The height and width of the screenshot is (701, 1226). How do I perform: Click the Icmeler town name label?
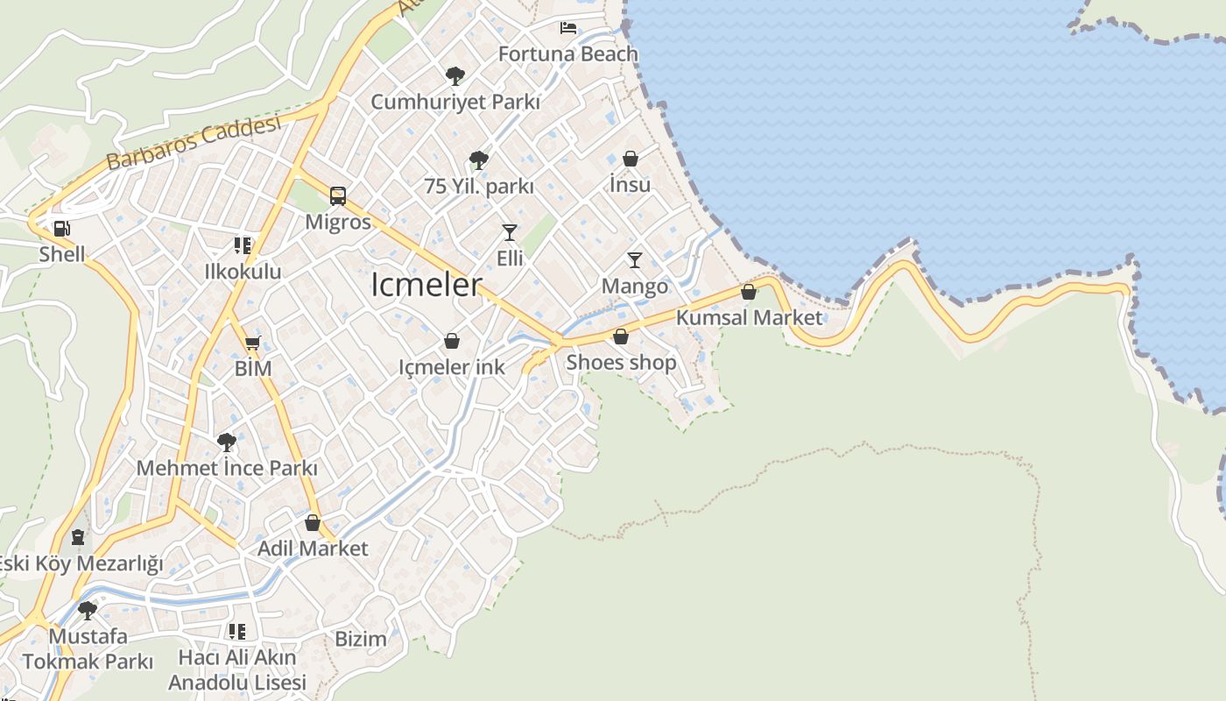(x=426, y=285)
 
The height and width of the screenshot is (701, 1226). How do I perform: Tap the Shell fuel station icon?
(x=61, y=230)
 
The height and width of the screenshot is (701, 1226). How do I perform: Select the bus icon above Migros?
(x=338, y=196)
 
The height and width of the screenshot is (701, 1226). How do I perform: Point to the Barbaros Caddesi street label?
(x=194, y=142)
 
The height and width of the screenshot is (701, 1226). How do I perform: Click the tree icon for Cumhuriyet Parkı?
(x=454, y=76)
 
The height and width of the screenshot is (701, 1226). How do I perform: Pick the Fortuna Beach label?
(x=568, y=53)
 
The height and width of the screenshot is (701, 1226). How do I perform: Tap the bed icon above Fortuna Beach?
(x=568, y=28)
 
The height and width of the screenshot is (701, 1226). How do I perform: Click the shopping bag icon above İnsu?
(x=630, y=159)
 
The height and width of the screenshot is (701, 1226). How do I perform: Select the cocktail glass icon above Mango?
(x=635, y=260)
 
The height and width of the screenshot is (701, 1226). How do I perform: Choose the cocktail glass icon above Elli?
(x=510, y=232)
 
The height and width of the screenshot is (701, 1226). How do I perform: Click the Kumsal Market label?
(x=749, y=317)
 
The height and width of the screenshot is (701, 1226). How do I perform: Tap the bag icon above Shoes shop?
(x=621, y=336)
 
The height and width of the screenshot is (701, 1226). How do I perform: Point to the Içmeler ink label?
(x=452, y=367)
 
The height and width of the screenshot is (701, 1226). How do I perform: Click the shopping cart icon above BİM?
(x=253, y=343)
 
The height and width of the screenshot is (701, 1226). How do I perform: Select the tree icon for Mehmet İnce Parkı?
(x=227, y=443)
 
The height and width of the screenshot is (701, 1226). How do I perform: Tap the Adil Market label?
(x=313, y=549)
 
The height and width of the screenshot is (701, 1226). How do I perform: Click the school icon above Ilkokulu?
(x=243, y=246)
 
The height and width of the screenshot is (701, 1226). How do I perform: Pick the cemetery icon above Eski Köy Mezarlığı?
(x=78, y=537)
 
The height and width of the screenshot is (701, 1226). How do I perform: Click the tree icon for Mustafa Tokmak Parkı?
(x=87, y=610)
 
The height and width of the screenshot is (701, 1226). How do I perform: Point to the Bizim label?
(x=361, y=639)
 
